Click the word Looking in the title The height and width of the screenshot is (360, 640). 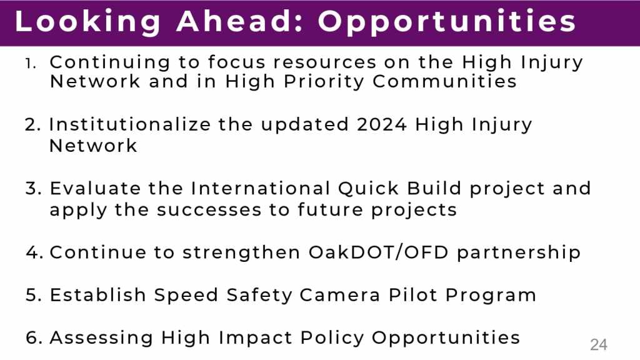tap(87, 22)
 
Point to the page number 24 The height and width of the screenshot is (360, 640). tap(598, 345)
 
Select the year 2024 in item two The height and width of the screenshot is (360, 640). tap(382, 124)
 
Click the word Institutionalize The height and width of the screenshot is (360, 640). tap(130, 124)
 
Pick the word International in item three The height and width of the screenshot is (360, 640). tap(261, 188)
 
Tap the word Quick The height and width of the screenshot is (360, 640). tap(369, 189)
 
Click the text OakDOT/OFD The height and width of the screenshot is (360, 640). tap(378, 252)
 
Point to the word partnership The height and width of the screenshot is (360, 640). tap(518, 252)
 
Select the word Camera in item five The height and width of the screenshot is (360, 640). tap(339, 295)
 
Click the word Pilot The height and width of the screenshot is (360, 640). tap(412, 295)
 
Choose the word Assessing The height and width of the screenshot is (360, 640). tap(101, 338)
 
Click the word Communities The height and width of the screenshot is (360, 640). tap(444, 81)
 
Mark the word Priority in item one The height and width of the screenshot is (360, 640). tap(323, 82)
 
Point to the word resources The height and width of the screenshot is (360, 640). tap(324, 63)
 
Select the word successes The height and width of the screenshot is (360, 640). tap(209, 210)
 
